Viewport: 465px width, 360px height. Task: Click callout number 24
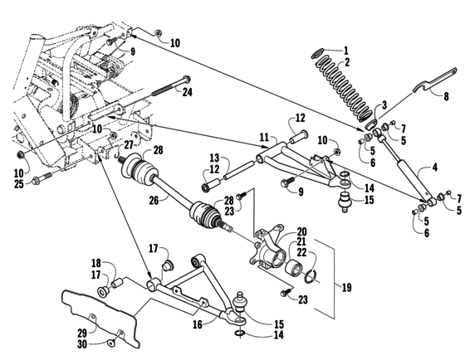coord(188,92)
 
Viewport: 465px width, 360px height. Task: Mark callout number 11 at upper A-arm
coord(264,136)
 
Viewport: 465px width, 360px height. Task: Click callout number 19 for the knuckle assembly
coord(347,288)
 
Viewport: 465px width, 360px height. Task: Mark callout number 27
coord(129,145)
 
